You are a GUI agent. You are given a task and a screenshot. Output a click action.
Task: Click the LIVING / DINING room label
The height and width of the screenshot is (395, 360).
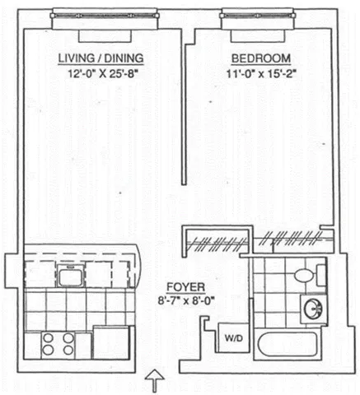click(x=101, y=58)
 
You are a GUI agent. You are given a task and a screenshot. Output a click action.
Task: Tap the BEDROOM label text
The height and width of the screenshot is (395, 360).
click(x=259, y=58)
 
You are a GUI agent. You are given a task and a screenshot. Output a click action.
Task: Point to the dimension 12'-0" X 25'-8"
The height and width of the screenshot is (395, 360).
click(x=101, y=73)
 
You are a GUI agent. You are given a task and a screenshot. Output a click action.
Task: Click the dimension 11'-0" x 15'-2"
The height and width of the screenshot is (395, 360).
click(x=260, y=73)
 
